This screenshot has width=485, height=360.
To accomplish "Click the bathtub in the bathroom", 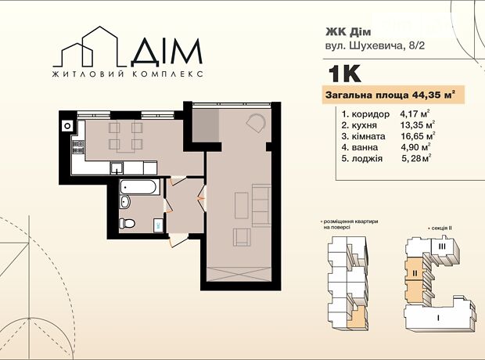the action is [x=140, y=187].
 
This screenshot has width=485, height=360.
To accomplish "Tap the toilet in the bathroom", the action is [x=128, y=223].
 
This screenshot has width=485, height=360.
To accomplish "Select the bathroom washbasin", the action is [x=125, y=202].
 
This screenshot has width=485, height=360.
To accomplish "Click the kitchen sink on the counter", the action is [x=117, y=168].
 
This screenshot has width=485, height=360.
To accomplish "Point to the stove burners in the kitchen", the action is [x=78, y=147].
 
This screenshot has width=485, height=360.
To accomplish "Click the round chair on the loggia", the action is [x=256, y=123].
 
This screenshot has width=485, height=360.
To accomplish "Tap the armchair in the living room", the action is [x=242, y=237].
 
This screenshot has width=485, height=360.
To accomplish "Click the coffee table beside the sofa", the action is [x=241, y=206].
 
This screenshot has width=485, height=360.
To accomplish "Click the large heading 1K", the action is [x=344, y=74].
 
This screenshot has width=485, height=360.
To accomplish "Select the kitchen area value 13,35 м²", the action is [x=418, y=125].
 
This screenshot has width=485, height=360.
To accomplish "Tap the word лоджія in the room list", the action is [x=367, y=159].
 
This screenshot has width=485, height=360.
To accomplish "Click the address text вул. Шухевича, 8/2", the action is [x=375, y=46].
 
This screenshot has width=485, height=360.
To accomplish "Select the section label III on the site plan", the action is [x=442, y=247].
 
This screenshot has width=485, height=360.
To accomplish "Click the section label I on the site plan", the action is [x=438, y=317].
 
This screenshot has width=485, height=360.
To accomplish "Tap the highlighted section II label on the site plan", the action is [x=415, y=273].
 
